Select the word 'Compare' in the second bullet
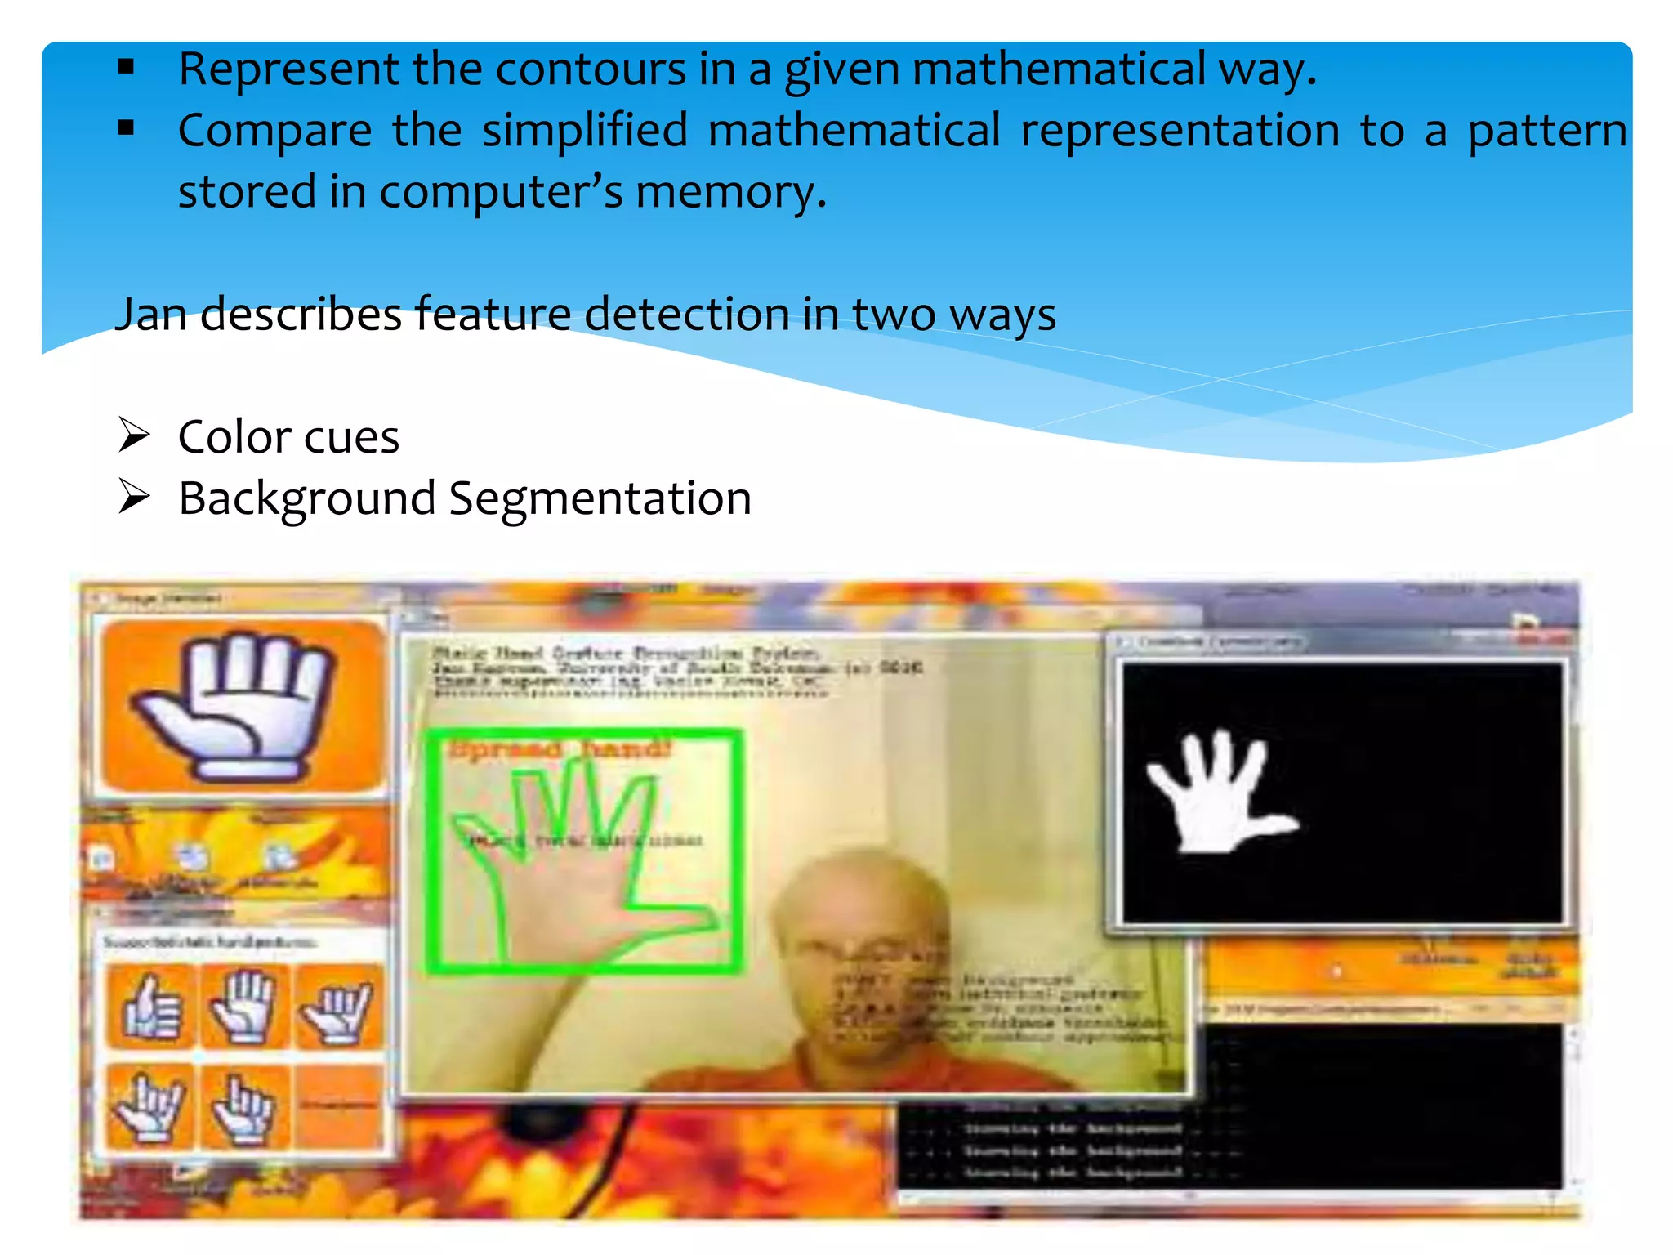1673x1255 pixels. coord(274,131)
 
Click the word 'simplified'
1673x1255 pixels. coord(584,131)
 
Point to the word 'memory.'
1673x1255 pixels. coord(731,193)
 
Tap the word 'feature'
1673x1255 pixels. coord(493,315)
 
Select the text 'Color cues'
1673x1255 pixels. coord(288,437)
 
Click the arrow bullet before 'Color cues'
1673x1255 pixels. coord(134,435)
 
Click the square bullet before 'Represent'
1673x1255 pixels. coord(126,67)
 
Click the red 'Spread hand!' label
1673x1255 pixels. coord(560,749)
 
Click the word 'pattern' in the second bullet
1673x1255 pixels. coord(1546,131)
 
